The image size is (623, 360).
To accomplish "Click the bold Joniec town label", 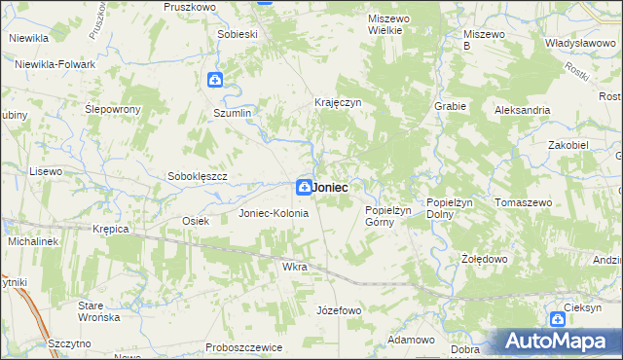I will point(332,186).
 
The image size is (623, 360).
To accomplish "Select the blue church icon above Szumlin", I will point(215,81).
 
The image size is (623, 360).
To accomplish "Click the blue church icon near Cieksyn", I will point(557,318).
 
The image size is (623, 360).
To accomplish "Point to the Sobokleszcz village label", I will point(198,176).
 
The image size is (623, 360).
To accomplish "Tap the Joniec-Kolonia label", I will point(274,213).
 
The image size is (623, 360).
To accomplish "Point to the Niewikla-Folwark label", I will point(55,64).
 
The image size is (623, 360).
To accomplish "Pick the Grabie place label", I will point(452,106).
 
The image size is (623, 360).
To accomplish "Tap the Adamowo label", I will point(410,340).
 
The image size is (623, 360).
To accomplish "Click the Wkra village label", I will point(294,266).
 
